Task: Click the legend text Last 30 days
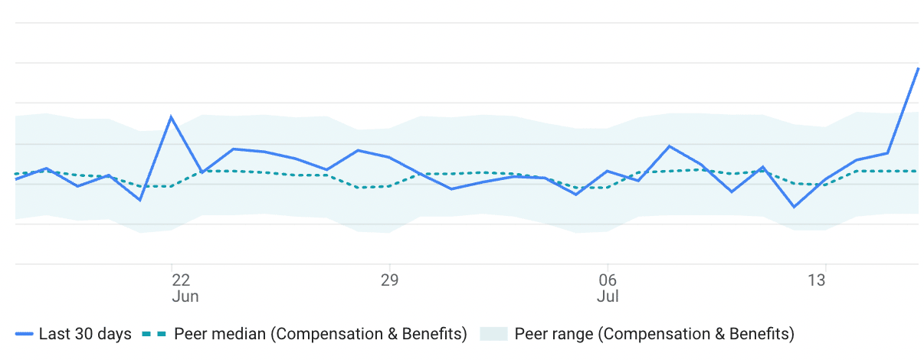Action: (x=85, y=334)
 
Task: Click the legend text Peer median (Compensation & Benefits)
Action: (x=320, y=334)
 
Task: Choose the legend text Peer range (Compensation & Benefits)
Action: (x=654, y=334)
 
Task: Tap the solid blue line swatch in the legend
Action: (x=25, y=335)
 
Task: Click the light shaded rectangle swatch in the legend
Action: (x=493, y=334)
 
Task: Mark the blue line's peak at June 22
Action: (x=171, y=117)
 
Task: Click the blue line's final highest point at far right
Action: (x=918, y=68)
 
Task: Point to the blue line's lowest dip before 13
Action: (x=794, y=207)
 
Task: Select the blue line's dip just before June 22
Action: (x=140, y=200)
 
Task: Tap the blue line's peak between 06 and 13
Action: (x=670, y=146)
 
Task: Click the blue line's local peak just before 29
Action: (x=358, y=150)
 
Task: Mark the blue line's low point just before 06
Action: (x=576, y=195)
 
